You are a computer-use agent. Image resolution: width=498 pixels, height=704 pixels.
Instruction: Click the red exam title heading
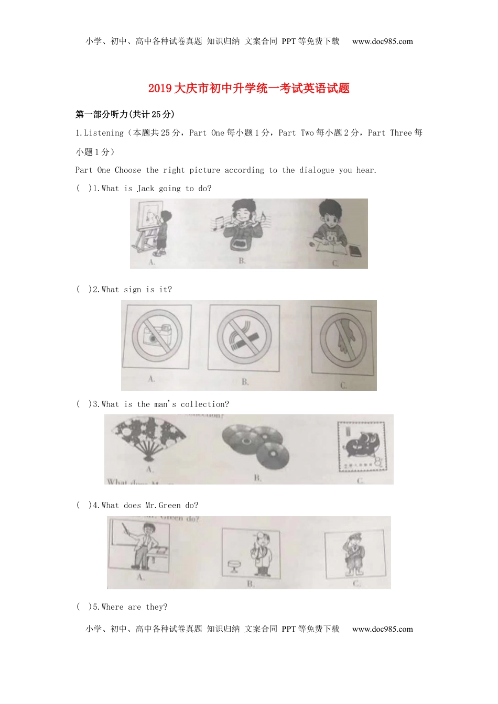click(x=248, y=89)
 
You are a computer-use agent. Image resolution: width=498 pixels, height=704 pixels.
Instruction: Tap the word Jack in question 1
click(x=146, y=189)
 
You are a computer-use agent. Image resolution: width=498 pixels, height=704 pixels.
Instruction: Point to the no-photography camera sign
click(x=156, y=336)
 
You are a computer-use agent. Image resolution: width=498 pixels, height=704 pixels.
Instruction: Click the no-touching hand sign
click(x=343, y=340)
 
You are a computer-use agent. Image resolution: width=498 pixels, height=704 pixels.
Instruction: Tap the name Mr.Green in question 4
click(x=163, y=505)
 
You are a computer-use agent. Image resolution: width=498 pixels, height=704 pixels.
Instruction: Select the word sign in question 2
click(x=133, y=290)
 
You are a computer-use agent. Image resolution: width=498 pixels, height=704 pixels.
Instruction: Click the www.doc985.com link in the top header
click(x=382, y=41)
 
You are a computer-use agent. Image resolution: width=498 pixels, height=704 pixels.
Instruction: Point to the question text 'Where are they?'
click(x=135, y=607)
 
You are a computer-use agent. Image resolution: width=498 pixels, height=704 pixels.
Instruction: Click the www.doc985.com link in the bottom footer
click(x=382, y=629)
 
